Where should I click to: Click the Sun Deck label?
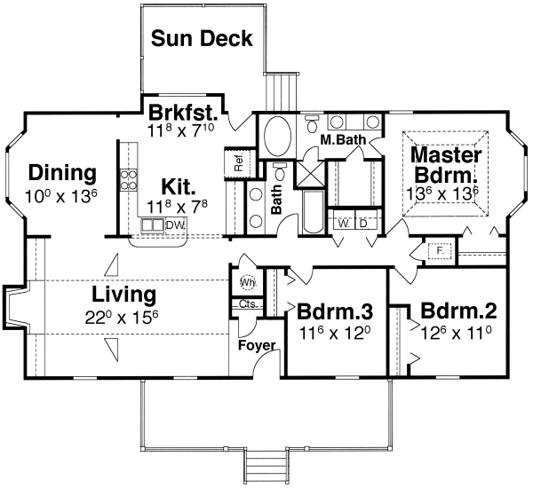[x=202, y=38]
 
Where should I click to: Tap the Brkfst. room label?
[x=183, y=113]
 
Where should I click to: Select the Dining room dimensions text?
[x=61, y=196]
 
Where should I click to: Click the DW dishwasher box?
[x=175, y=224]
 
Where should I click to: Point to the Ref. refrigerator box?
[x=239, y=163]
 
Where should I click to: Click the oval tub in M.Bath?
[x=278, y=136]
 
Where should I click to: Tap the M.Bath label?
[x=343, y=139]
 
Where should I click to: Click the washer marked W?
[x=343, y=224]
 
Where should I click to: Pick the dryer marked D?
[x=363, y=224]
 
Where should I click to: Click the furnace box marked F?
[x=440, y=251]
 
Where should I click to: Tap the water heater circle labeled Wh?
[x=248, y=281]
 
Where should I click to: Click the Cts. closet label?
[x=250, y=303]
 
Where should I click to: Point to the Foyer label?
[x=257, y=345]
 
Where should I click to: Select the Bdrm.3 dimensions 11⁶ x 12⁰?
[x=335, y=333]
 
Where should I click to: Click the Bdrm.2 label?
[x=458, y=310]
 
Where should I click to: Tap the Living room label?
[x=124, y=295]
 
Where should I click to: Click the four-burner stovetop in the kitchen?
[x=129, y=180]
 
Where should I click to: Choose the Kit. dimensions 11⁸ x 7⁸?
[x=177, y=206]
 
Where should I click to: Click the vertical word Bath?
[x=276, y=199]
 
